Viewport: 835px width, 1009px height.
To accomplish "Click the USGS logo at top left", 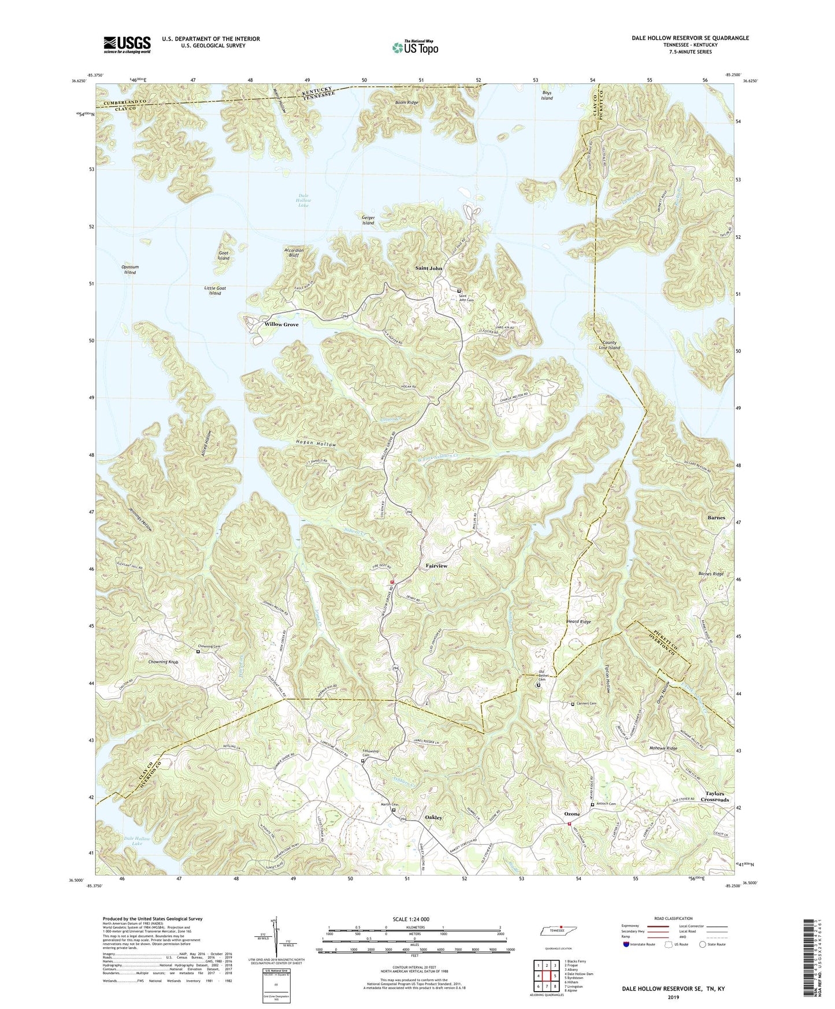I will (x=127, y=44).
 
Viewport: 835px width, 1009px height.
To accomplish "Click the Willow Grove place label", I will (x=281, y=325).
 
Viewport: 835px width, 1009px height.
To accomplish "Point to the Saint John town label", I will (x=429, y=268).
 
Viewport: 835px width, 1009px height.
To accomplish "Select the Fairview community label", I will (x=436, y=566).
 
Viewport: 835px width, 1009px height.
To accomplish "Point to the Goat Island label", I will (x=224, y=255).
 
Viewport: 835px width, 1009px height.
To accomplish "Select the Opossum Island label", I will (x=130, y=270).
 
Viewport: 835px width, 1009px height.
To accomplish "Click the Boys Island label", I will (x=547, y=95).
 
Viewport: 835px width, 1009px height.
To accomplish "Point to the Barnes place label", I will (x=716, y=518).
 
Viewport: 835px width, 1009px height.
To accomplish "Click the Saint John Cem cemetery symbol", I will (x=459, y=291).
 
